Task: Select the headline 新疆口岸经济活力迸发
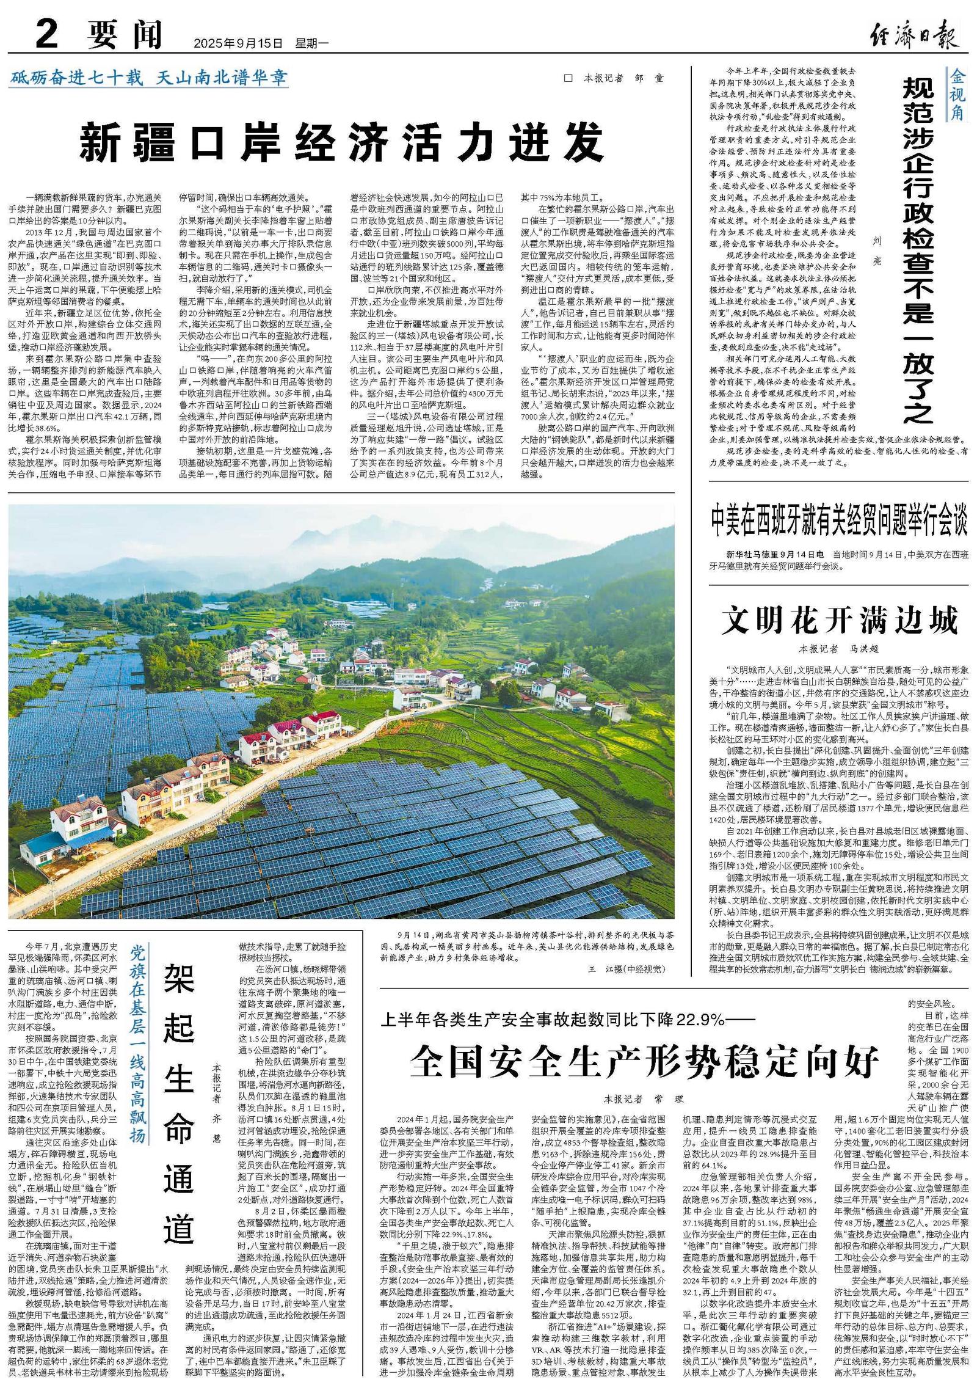tap(341, 142)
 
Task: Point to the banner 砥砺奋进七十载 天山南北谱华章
tap(148, 78)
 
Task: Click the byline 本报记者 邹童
tap(621, 79)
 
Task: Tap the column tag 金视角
tap(956, 95)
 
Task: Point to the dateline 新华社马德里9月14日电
tap(775, 555)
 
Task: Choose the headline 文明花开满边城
tap(840, 621)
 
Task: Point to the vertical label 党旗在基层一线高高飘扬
tap(138, 1045)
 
